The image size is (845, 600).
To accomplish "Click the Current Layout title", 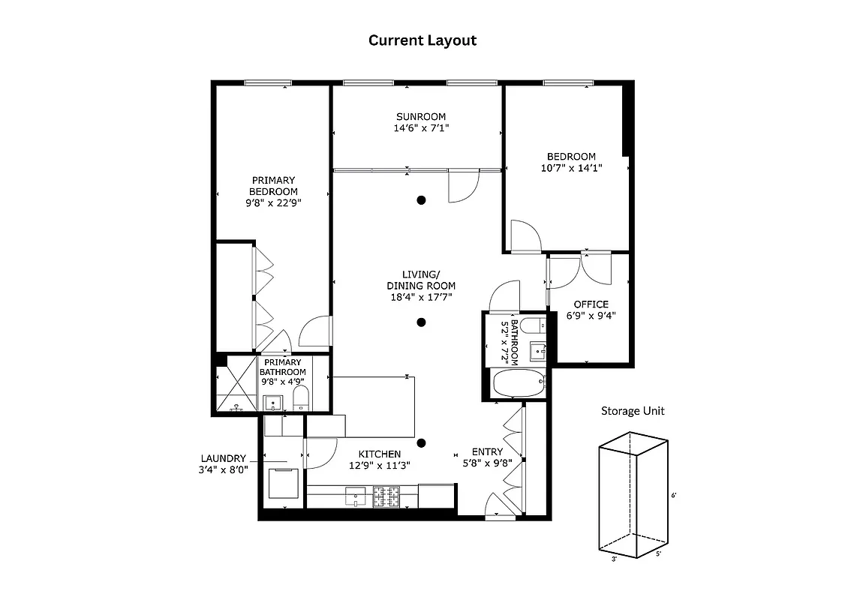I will tap(422, 40).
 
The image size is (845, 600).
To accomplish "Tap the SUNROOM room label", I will tap(421, 116).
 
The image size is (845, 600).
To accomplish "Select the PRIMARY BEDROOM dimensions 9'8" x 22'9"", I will tap(272, 202).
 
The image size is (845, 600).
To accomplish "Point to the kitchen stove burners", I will tap(387, 496).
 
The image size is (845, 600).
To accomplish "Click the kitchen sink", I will tap(354, 496).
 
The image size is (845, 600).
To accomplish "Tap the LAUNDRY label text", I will tap(223, 458).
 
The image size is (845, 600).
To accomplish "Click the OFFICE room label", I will tap(591, 304).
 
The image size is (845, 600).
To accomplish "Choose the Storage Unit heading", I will tap(633, 410).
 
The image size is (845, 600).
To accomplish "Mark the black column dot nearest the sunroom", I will tap(422, 199).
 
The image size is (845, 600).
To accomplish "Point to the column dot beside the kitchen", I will tap(422, 443).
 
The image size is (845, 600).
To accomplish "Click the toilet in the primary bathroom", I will tap(300, 397).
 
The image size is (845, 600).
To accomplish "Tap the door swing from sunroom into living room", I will tap(462, 187).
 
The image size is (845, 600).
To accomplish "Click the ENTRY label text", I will tap(487, 451).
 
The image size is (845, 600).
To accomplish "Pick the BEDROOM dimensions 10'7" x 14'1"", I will tap(571, 168).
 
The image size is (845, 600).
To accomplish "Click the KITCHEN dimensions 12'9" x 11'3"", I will tap(379, 465).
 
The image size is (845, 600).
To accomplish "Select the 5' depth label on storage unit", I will tap(659, 554).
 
